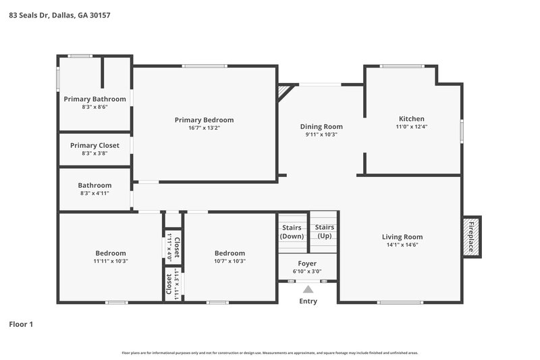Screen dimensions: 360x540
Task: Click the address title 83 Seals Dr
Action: (59, 14)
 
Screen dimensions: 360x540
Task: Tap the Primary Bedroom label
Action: (204, 120)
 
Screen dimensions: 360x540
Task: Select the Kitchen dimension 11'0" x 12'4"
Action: (411, 126)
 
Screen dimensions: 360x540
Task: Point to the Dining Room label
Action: (321, 126)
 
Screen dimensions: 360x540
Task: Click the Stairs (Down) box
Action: (292, 232)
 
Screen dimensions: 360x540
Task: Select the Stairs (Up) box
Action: (324, 232)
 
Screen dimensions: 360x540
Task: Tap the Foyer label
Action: (307, 263)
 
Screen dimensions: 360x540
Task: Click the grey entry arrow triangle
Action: (308, 289)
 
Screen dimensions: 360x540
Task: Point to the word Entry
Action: (308, 301)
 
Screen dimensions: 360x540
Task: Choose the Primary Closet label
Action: (94, 145)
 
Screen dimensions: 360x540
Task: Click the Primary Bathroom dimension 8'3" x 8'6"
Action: (94, 107)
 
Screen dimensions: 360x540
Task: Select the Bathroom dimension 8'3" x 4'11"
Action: (94, 193)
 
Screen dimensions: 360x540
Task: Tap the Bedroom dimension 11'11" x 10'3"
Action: (111, 261)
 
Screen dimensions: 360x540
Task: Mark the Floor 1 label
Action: (21, 324)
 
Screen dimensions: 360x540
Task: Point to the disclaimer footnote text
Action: (270, 353)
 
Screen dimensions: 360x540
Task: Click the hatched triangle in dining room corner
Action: (285, 91)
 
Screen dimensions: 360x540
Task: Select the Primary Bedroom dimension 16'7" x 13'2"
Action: (204, 128)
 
